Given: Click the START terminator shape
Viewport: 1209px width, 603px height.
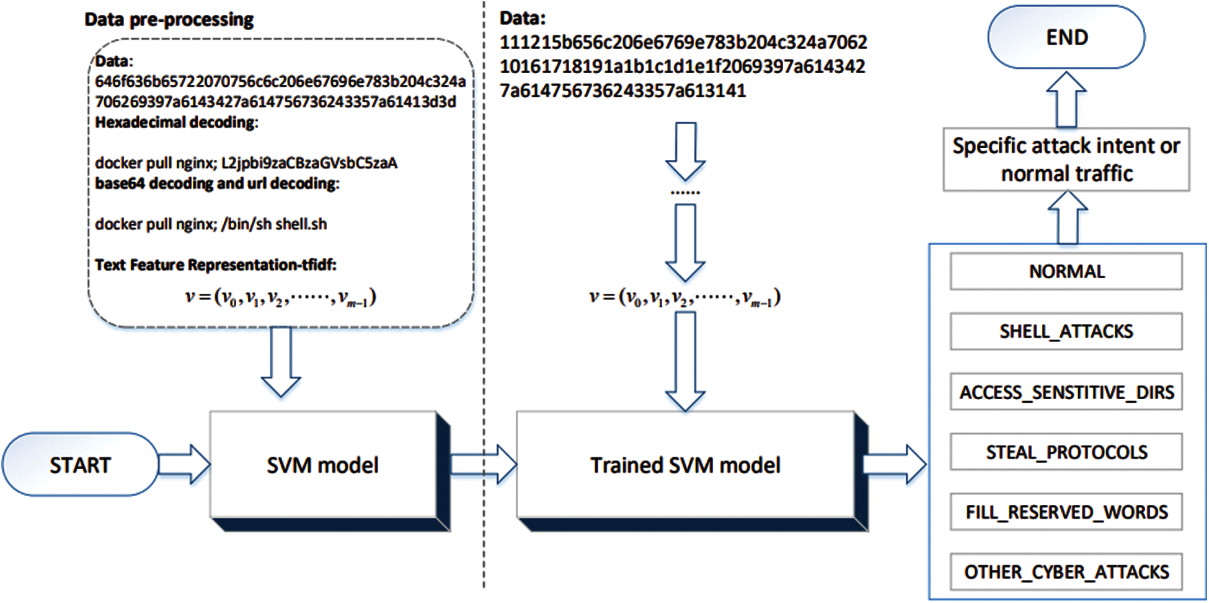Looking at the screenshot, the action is pyautogui.click(x=81, y=464).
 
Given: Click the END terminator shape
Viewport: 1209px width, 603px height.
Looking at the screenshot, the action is pyautogui.click(x=1066, y=37).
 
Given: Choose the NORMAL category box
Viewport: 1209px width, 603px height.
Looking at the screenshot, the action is pyautogui.click(x=1066, y=271).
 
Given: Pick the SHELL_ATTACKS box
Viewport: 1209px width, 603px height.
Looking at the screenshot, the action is pyautogui.click(x=1066, y=332).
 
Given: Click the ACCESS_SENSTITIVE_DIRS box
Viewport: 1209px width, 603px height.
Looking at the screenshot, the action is pyautogui.click(x=1066, y=392).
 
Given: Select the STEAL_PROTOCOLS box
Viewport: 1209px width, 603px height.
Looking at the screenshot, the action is pyautogui.click(x=1066, y=452).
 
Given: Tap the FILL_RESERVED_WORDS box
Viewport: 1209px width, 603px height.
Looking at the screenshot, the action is pyautogui.click(x=1066, y=512).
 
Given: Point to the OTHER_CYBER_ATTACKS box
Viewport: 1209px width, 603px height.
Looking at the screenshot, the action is pyautogui.click(x=1066, y=571).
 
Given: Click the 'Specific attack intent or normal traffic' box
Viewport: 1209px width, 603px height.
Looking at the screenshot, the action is pyautogui.click(x=1066, y=159).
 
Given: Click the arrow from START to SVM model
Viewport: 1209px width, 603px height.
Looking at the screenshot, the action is pyautogui.click(x=185, y=464).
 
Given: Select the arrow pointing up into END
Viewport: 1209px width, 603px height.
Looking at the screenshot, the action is pyautogui.click(x=1066, y=99).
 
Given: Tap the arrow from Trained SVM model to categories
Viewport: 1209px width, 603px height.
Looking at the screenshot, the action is pyautogui.click(x=895, y=464).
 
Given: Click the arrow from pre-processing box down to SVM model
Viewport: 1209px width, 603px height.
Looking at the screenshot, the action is pyautogui.click(x=281, y=362).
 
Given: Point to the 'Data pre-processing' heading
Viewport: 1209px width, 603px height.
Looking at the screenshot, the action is pyautogui.click(x=169, y=20).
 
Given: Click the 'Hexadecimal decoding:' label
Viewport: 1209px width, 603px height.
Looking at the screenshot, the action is pyautogui.click(x=177, y=122).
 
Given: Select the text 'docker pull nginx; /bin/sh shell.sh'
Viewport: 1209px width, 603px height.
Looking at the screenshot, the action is pyautogui.click(x=211, y=224).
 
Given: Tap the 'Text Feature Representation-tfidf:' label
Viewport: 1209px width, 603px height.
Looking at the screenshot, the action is pyautogui.click(x=216, y=265).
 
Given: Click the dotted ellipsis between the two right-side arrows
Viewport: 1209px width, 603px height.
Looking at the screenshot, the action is pyautogui.click(x=685, y=193).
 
